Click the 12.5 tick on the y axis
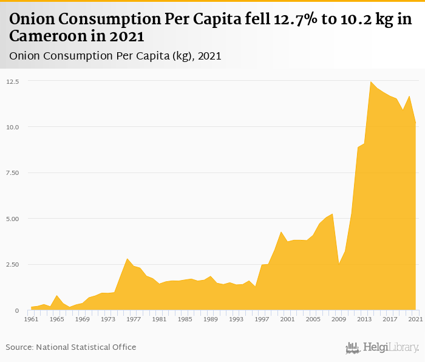(13, 81)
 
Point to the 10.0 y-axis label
(13, 127)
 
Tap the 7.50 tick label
(13, 173)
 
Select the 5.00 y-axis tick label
(13, 219)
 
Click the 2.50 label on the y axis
(13, 265)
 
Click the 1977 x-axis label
(133, 319)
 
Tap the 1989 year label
(210, 319)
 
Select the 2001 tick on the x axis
(287, 319)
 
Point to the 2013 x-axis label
(364, 319)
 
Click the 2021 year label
(415, 319)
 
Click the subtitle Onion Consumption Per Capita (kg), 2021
(115, 56)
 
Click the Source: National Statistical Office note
(71, 347)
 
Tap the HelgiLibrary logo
(382, 347)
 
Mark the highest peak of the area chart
(370, 82)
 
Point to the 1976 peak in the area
(127, 259)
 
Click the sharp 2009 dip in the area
(338, 264)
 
